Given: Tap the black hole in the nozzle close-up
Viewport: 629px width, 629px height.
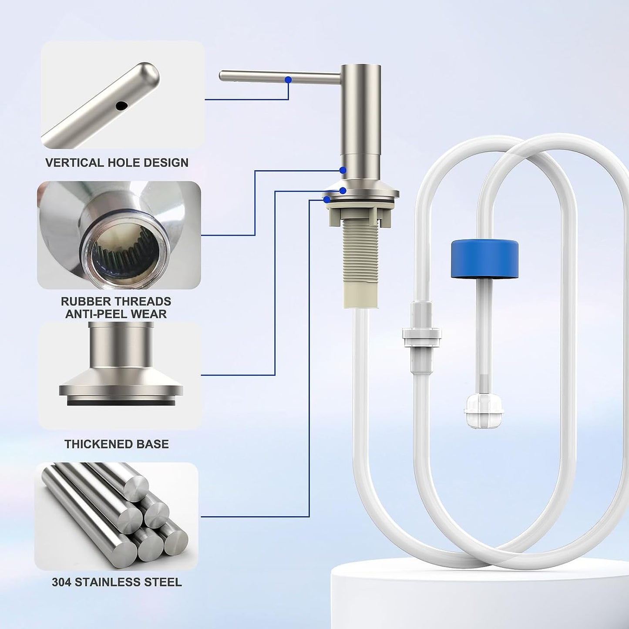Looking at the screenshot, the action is (x=121, y=105).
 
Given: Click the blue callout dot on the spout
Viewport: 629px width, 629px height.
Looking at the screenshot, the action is (x=288, y=79).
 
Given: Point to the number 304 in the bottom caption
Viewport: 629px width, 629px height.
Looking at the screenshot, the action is (x=62, y=582).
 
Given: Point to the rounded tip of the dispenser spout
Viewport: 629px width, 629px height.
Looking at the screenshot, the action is (x=222, y=76).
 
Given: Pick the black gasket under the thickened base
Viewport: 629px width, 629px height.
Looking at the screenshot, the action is (x=121, y=403).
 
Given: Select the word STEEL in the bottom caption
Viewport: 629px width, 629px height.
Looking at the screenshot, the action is (x=165, y=582).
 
